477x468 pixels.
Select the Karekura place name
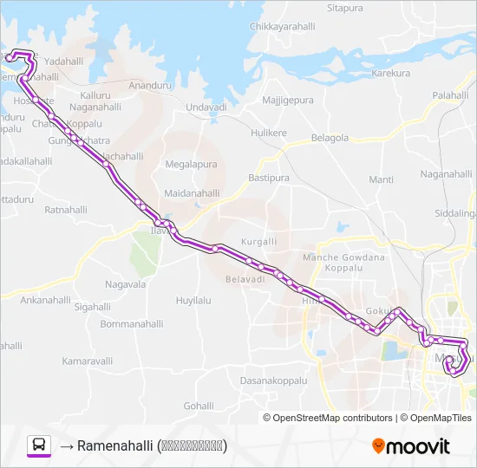tap(390, 74)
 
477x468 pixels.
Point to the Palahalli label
tap(450, 94)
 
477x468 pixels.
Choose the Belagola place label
tap(330, 138)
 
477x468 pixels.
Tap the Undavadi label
tap(206, 107)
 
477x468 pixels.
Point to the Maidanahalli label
tap(191, 192)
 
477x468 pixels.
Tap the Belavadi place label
tap(245, 279)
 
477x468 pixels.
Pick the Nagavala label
tap(125, 283)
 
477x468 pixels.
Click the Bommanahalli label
tap(132, 323)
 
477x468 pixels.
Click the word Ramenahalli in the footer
tap(114, 446)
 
